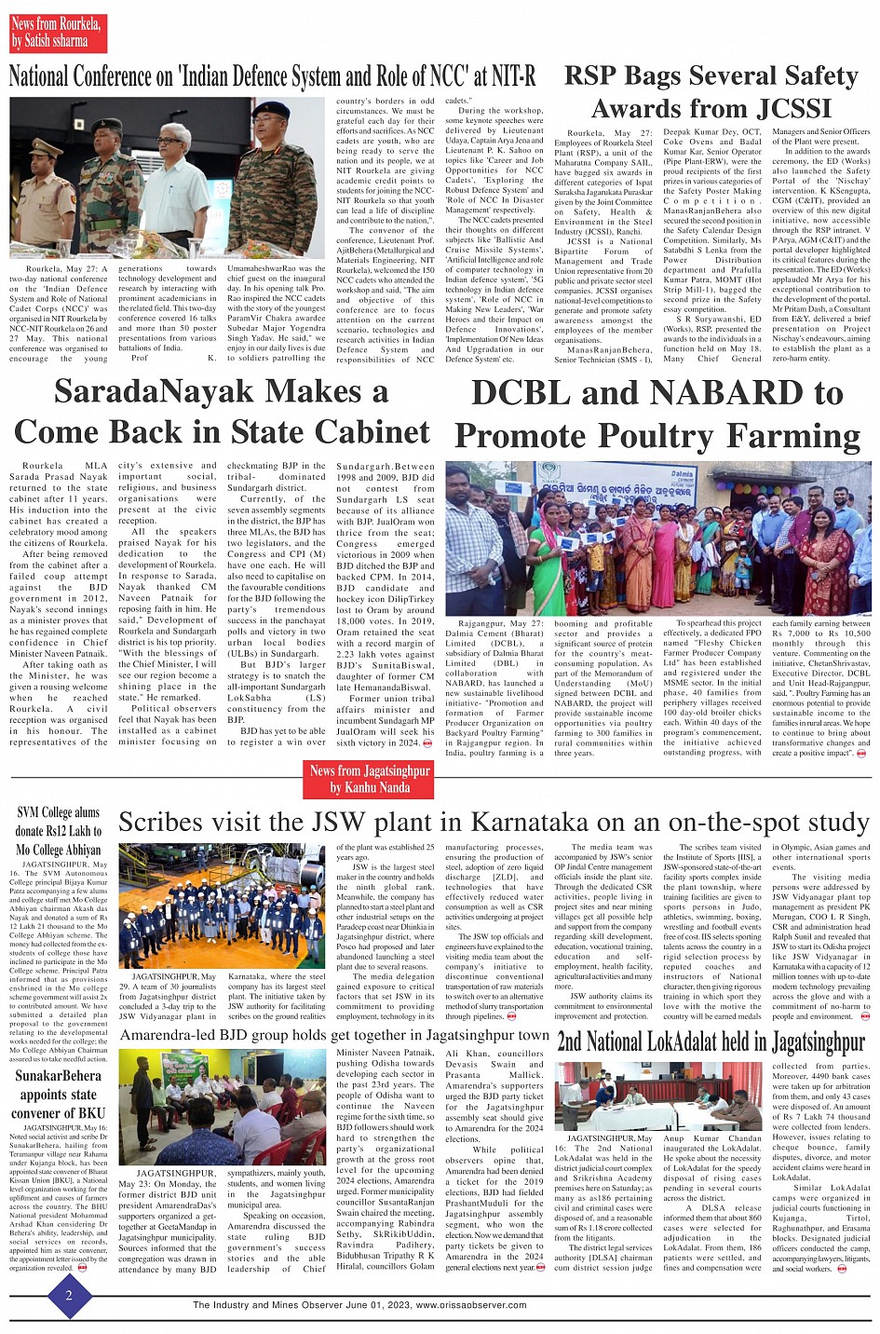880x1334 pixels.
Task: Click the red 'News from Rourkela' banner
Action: coord(57,32)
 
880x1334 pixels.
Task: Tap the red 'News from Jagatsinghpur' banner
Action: coord(370,779)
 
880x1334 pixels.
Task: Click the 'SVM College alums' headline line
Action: coord(58,812)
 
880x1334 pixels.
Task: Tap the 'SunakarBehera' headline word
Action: coord(58,1076)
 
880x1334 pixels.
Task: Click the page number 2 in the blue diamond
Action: coord(68,1296)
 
